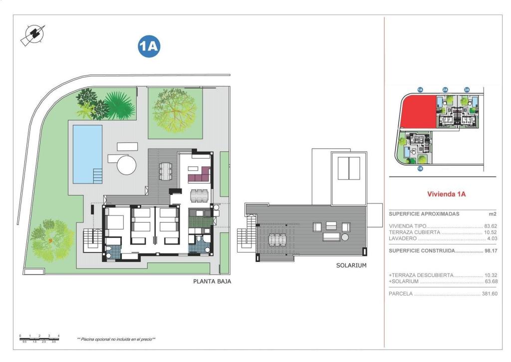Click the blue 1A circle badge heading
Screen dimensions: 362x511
(148, 46)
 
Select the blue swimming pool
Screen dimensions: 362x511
(87, 153)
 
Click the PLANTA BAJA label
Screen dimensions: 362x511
(212, 281)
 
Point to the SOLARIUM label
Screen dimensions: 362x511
(351, 265)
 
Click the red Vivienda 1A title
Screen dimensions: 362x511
(446, 194)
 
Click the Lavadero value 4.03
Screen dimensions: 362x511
(492, 239)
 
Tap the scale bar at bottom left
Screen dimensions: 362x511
(39, 338)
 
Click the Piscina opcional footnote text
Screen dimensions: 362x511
(116, 339)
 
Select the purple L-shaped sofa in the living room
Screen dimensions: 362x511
(198, 176)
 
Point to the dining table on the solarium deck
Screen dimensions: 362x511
(277, 240)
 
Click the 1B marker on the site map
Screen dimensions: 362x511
(420, 168)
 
